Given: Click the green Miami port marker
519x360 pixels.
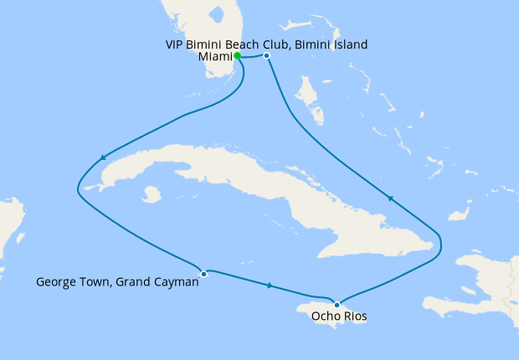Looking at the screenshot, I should click(x=238, y=56).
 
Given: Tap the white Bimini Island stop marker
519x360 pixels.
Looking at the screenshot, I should click(x=266, y=56).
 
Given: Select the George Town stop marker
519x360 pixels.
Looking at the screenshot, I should click(x=203, y=273).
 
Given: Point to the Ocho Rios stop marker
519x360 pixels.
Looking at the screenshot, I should click(x=337, y=305).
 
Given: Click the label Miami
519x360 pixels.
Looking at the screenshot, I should click(x=214, y=57).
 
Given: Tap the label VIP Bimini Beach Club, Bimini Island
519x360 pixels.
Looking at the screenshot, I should click(x=265, y=44).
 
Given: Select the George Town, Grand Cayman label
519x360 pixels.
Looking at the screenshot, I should click(x=117, y=282).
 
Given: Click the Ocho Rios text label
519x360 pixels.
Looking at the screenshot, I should click(x=338, y=316).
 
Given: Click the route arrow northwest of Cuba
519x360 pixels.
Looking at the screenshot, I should click(x=102, y=157).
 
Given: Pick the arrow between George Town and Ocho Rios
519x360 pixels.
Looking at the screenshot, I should click(x=270, y=286).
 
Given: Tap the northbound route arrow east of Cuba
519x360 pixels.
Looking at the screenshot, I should click(x=389, y=198).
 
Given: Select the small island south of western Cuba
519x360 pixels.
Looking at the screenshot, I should click(x=151, y=195).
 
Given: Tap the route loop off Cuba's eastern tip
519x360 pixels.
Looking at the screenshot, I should click(x=439, y=243).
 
